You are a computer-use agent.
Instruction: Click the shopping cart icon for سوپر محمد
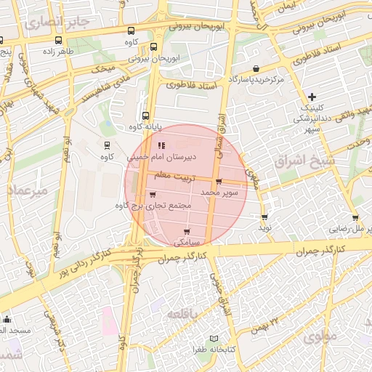[x=219, y=182]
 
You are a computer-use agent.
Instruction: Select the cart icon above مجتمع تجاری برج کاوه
[x=153, y=195]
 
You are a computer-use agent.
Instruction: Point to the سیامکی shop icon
[x=187, y=231]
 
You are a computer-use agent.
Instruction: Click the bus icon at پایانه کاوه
[x=145, y=116]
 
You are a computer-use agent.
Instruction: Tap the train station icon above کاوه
[x=108, y=145]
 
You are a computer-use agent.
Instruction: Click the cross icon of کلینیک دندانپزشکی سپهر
[x=312, y=97]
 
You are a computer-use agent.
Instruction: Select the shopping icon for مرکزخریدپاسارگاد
[x=256, y=68]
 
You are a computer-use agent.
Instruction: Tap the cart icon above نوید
[x=264, y=217]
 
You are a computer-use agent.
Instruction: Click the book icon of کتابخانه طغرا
[x=213, y=339]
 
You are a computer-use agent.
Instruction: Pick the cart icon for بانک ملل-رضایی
[x=355, y=217]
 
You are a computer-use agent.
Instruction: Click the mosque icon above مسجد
[x=7, y=319]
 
